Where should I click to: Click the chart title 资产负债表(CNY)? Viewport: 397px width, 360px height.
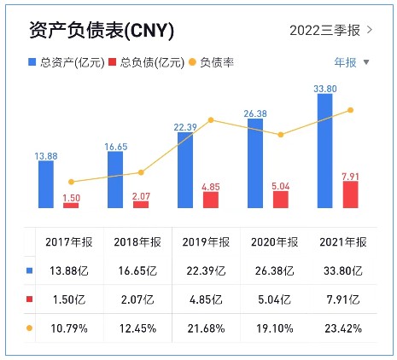101,31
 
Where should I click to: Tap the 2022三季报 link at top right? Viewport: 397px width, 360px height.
331,31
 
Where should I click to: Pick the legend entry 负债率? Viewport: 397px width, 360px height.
211,62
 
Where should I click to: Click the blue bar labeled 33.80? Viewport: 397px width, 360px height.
324,150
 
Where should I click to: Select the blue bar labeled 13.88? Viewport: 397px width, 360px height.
46,183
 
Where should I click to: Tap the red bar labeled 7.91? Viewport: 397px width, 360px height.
350,194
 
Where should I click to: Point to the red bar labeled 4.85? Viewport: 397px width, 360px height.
211,200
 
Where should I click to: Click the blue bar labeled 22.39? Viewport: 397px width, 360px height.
185,170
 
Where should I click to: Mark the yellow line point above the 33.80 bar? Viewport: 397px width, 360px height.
350,110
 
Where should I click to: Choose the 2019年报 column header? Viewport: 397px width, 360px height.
205,242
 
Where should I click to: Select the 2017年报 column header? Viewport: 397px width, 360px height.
69,242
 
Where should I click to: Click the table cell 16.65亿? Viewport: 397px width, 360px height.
136,271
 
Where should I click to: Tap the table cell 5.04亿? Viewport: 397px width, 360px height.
274,299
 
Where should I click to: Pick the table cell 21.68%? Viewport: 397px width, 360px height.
205,328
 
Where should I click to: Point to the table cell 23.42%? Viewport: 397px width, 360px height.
342,328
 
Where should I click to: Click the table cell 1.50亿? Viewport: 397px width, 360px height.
69,299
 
